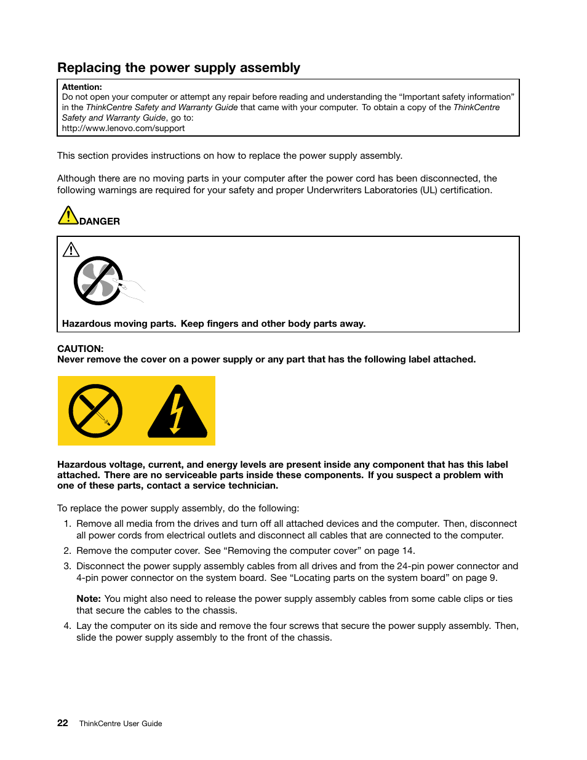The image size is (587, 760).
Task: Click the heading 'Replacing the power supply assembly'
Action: tap(178, 68)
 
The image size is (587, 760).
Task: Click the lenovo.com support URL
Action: tap(123, 129)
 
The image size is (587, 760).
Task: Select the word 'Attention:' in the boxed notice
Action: tap(82, 87)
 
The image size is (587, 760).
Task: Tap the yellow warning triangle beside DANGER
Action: tap(68, 216)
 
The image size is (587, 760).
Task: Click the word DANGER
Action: tap(100, 222)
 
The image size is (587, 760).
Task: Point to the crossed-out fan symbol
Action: tap(98, 281)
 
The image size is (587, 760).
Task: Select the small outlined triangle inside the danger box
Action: tap(71, 249)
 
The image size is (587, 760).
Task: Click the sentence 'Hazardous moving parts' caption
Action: tap(214, 324)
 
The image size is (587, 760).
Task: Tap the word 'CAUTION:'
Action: tap(80, 349)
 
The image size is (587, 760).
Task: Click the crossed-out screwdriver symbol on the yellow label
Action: tap(95, 411)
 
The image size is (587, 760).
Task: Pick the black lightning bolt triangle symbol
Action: tap(177, 412)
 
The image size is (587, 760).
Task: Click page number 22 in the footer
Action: tap(63, 723)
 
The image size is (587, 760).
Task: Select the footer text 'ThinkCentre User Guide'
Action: tap(121, 724)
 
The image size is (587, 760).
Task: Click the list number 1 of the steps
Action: tap(67, 524)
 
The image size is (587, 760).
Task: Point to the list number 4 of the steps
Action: tap(67, 626)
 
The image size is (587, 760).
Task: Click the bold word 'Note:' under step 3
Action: tap(89, 599)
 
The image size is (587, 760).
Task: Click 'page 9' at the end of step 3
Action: tap(481, 578)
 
